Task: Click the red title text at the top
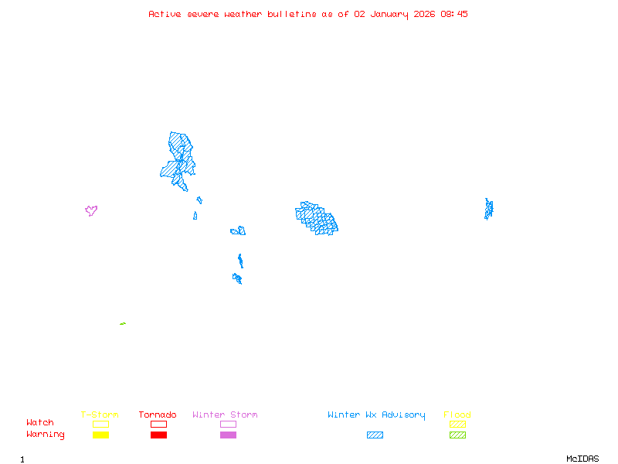308,14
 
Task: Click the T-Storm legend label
100,415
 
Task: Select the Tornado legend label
158,415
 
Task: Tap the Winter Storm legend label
225,415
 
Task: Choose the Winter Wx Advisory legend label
376,415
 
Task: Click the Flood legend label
457,415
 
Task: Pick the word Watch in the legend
40,423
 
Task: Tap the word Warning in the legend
46,435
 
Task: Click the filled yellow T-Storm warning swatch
100,435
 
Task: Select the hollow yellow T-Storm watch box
100,424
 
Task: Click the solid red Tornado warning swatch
158,435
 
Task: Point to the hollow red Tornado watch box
158,424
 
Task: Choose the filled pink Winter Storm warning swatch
228,435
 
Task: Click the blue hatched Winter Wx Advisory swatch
375,435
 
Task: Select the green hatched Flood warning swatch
457,435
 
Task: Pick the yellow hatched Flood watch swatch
457,424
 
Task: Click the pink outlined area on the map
91,210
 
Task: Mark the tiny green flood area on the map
123,323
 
